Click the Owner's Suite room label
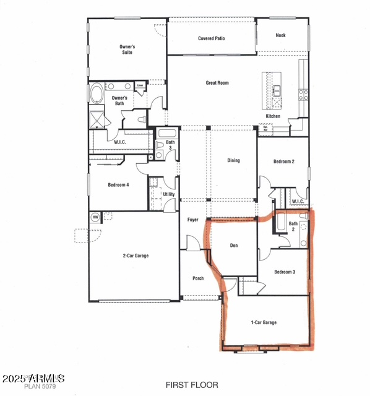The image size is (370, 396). (x=127, y=49)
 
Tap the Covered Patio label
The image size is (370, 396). (x=212, y=38)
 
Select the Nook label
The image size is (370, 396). (x=281, y=35)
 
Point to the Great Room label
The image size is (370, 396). (x=217, y=82)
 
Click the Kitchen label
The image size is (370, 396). (x=273, y=116)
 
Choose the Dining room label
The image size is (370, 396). (x=233, y=161)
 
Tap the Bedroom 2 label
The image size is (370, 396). (x=284, y=161)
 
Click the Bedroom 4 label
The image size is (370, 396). (x=118, y=185)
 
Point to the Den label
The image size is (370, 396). (x=234, y=246)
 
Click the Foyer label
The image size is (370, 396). (x=192, y=220)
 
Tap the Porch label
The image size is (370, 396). (x=198, y=278)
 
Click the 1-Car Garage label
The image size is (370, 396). (x=264, y=322)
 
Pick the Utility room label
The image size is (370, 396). (x=169, y=194)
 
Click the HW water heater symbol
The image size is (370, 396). (x=95, y=217)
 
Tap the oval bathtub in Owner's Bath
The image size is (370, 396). (x=98, y=95)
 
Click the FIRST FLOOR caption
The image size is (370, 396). (x=192, y=385)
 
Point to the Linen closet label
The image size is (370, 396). (x=140, y=85)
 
